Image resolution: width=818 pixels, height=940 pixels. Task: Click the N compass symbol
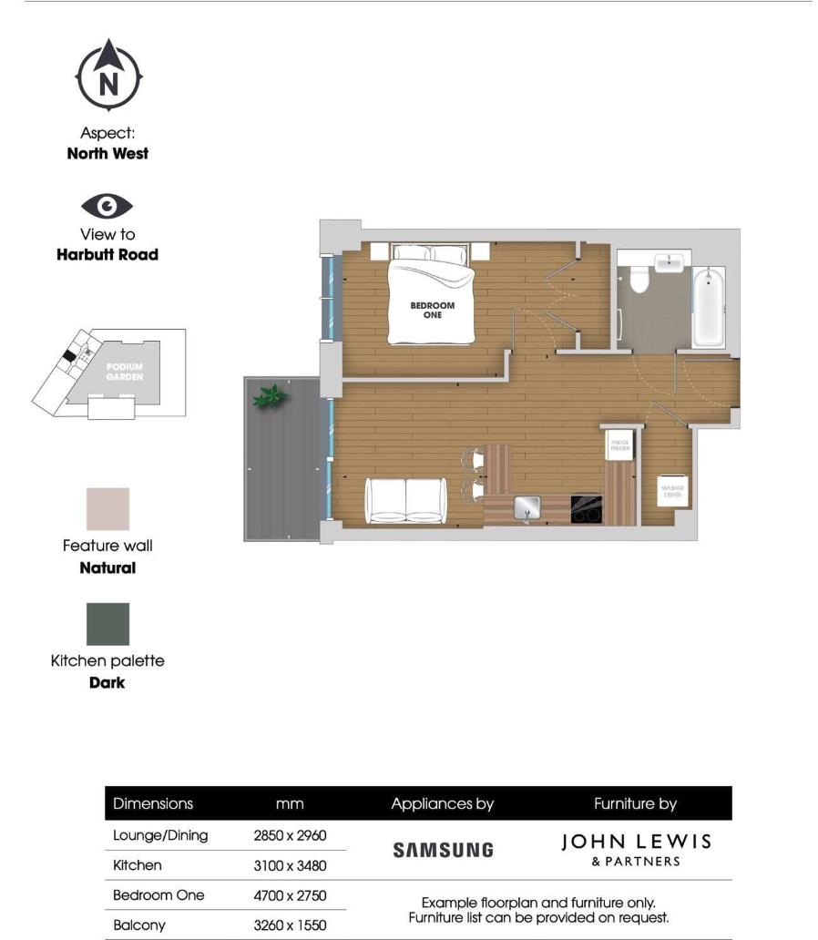point(108,76)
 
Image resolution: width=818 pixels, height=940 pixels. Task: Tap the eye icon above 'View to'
point(107,206)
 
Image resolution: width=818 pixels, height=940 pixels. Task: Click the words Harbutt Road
point(107,255)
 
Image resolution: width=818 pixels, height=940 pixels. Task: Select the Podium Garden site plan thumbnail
point(109,373)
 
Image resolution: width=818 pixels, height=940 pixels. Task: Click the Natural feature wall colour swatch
point(107,509)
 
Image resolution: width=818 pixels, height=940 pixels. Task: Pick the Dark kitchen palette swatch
point(107,624)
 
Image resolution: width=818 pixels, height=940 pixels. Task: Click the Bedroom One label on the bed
point(432,310)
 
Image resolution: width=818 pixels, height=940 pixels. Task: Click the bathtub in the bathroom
point(708,307)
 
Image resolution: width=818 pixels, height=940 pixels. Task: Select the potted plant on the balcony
point(271,395)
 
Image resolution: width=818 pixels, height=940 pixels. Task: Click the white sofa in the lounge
point(406,499)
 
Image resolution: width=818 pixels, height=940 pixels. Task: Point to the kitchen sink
point(527,507)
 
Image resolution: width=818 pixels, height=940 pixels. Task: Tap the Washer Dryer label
point(671,492)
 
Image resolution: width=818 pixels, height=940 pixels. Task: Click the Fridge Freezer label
point(620,445)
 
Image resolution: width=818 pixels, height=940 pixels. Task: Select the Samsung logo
point(443,850)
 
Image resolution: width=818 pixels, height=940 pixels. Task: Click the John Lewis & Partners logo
point(635,849)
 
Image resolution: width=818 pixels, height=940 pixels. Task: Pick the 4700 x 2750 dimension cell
point(289,895)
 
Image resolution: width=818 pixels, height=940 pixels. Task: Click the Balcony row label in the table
point(138,925)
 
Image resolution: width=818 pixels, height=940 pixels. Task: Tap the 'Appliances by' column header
point(443,804)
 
